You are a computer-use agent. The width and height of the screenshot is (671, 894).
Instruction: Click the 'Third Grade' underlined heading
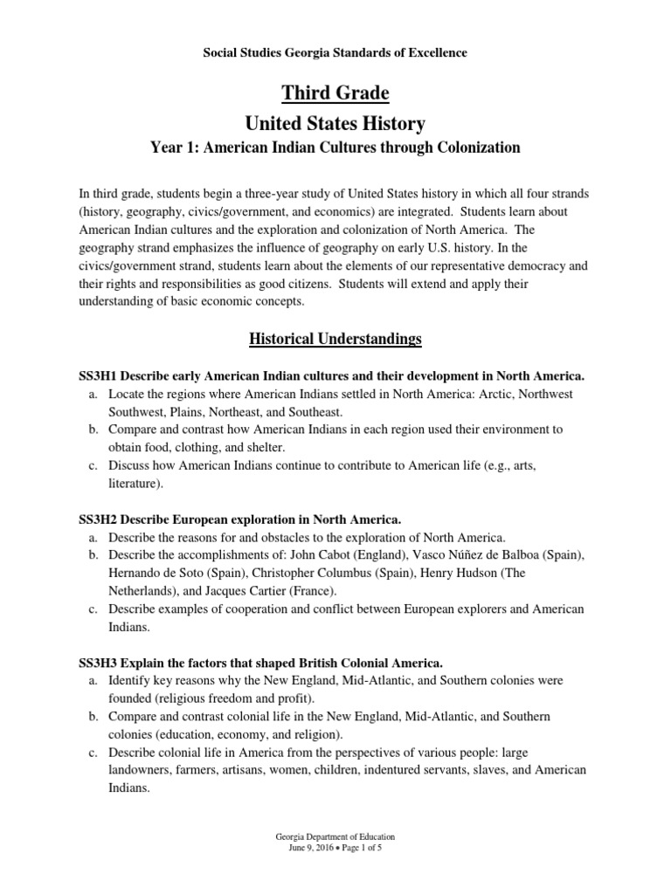click(x=335, y=93)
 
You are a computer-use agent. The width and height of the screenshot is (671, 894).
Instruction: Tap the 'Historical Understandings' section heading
click(x=335, y=338)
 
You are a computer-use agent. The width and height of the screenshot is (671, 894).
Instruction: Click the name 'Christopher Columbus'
click(x=294, y=573)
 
